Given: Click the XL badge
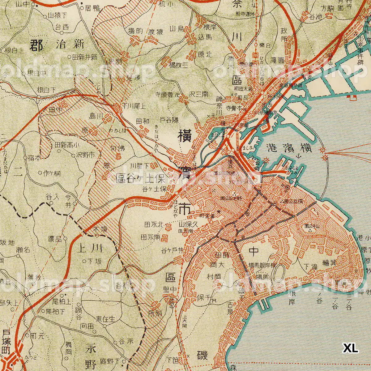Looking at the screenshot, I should coord(351,348).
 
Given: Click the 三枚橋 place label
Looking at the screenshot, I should coord(178,65).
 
